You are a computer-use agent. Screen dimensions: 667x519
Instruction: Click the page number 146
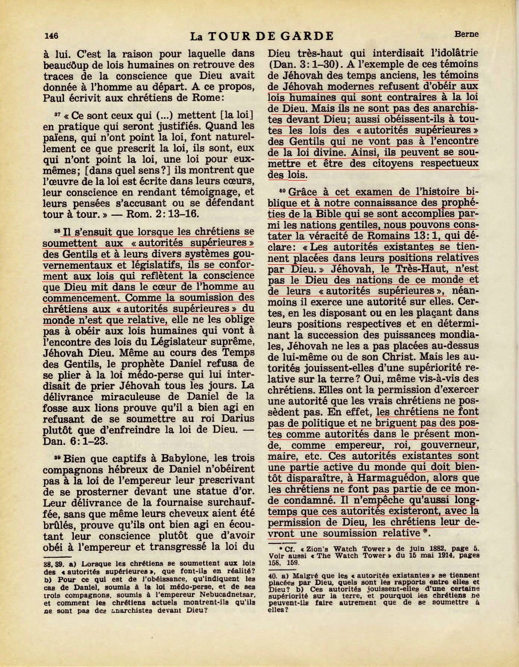point(51,35)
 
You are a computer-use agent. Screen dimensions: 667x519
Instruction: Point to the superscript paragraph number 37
point(57,113)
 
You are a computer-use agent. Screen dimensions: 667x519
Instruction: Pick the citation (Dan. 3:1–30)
point(304,64)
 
